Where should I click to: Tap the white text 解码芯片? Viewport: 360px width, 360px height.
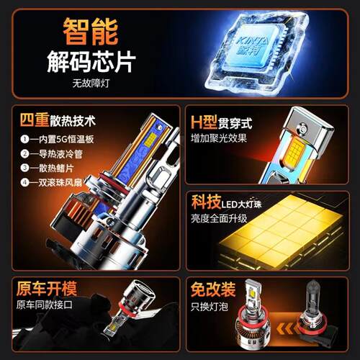point(91,61)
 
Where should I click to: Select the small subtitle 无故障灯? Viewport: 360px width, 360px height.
point(91,84)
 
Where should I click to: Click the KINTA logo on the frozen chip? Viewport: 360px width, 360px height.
point(252,46)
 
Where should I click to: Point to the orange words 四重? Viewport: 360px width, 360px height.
point(35,120)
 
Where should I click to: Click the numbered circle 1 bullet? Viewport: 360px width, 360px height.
point(24,139)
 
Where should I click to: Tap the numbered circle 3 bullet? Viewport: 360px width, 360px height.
point(24,168)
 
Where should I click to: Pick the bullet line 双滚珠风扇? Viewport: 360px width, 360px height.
point(60,183)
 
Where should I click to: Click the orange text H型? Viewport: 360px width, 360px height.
point(204,122)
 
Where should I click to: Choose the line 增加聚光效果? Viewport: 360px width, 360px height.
point(219,138)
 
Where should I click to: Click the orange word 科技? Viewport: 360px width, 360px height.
point(206,202)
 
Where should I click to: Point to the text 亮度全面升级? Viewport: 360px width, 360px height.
point(219,218)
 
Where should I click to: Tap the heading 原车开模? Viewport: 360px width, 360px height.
point(47,288)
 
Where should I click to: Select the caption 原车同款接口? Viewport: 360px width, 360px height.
point(45,305)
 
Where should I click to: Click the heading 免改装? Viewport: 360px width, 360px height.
point(213,289)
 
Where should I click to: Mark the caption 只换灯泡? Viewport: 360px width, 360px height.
point(210,307)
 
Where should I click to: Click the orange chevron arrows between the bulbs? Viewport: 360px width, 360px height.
point(287,328)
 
